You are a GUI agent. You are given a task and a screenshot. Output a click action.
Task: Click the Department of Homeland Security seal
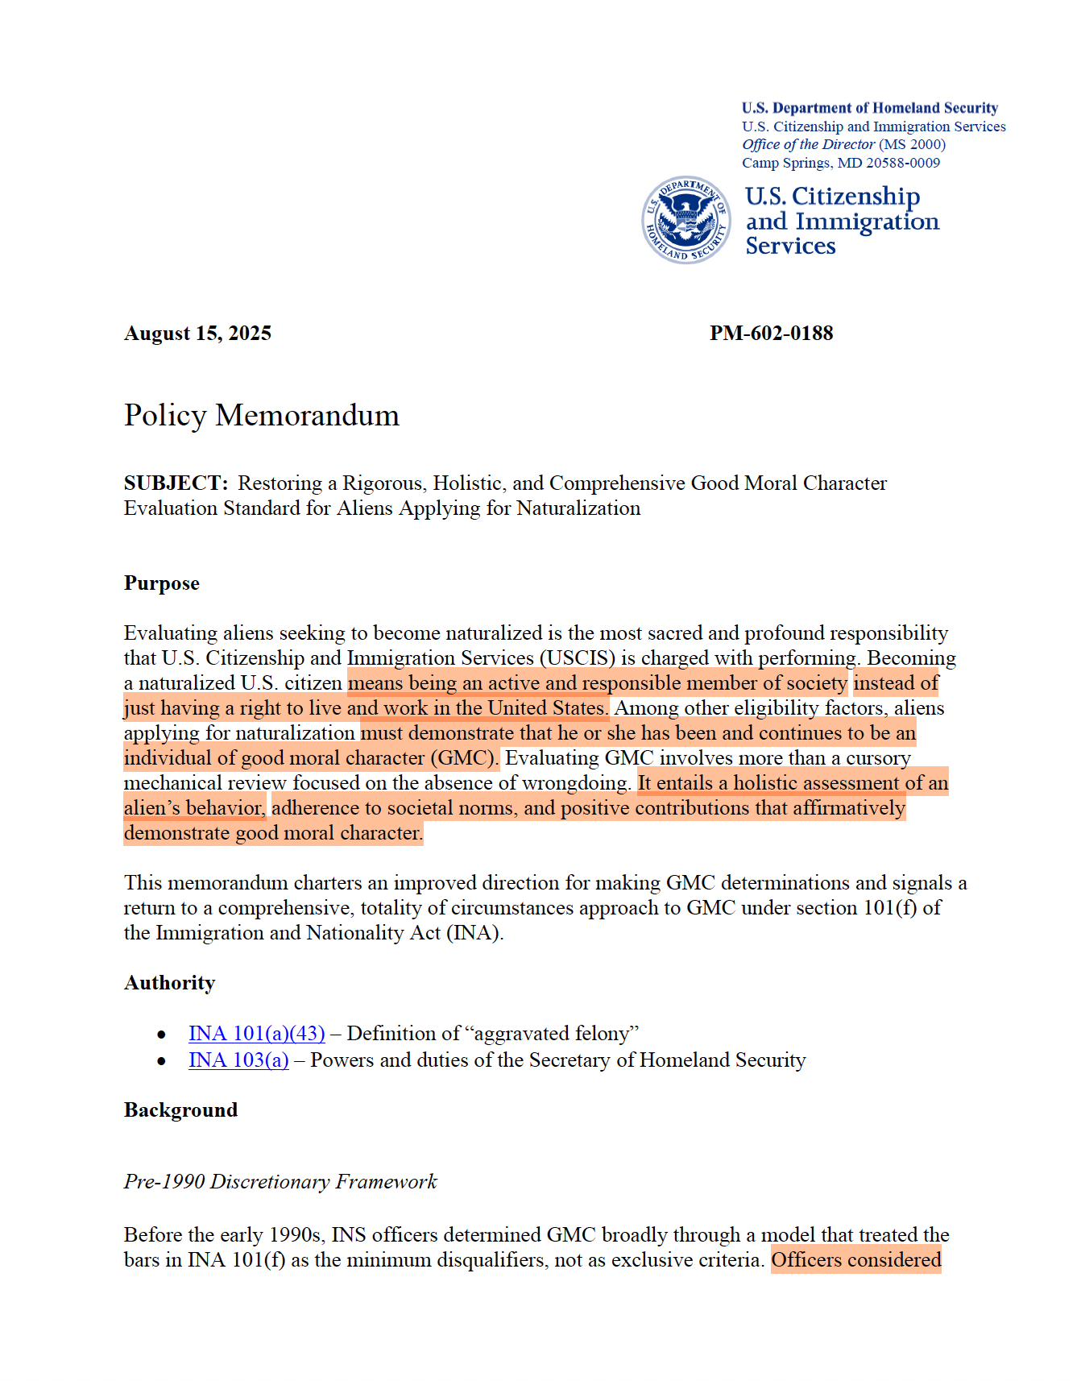pos(686,220)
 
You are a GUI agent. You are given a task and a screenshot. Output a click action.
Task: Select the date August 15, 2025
pos(197,334)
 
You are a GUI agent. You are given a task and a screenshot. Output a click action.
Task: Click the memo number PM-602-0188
pos(771,334)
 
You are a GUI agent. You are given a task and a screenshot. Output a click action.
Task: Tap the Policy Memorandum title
pos(262,415)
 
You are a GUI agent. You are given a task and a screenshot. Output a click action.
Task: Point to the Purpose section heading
pos(162,583)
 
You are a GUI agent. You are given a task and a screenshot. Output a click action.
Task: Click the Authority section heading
pos(170,983)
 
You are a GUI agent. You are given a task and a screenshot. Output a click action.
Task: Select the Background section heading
pos(181,1110)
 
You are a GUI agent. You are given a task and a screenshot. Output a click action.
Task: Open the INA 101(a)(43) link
pos(257,1034)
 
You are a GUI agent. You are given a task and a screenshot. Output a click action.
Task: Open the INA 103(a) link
pos(238,1060)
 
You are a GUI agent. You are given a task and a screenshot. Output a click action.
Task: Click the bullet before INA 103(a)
pos(162,1061)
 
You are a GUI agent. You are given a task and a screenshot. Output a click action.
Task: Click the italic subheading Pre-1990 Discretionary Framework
pos(280,1182)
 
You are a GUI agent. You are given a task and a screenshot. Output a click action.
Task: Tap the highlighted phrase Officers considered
pos(855,1260)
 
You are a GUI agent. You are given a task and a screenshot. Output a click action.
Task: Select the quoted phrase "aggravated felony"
pos(553,1034)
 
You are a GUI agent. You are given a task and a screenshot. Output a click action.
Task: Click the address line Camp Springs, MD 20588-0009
pos(841,163)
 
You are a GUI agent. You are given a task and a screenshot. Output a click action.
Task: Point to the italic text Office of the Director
pos(808,145)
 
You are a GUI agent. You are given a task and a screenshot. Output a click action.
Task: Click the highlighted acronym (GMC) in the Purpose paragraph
pos(464,758)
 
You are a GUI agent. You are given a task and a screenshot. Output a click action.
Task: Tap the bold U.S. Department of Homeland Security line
pos(870,108)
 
